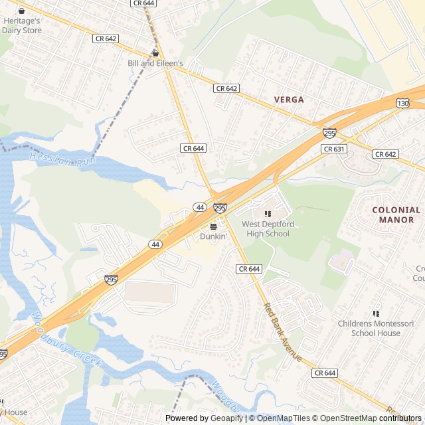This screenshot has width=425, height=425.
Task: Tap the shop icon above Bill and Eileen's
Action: pyautogui.click(x=155, y=53)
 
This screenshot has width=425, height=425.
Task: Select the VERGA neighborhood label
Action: pyautogui.click(x=289, y=100)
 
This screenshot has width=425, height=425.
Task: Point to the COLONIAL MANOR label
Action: pyautogui.click(x=396, y=214)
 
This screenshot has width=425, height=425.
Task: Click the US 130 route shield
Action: pyautogui.click(x=403, y=104)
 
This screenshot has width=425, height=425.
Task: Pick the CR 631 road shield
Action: pyautogui.click(x=334, y=149)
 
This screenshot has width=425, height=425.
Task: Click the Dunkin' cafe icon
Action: pyautogui.click(x=213, y=226)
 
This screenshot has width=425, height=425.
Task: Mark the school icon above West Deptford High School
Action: pyautogui.click(x=268, y=214)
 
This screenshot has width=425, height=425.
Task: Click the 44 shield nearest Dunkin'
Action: pyautogui.click(x=199, y=208)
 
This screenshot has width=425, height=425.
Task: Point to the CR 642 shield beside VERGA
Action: pyautogui.click(x=226, y=88)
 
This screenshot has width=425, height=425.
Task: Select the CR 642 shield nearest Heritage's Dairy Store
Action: pyautogui.click(x=106, y=39)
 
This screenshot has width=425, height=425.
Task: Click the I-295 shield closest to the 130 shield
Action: pyautogui.click(x=329, y=133)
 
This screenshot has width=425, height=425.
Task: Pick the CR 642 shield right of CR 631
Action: pyautogui.click(x=385, y=154)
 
